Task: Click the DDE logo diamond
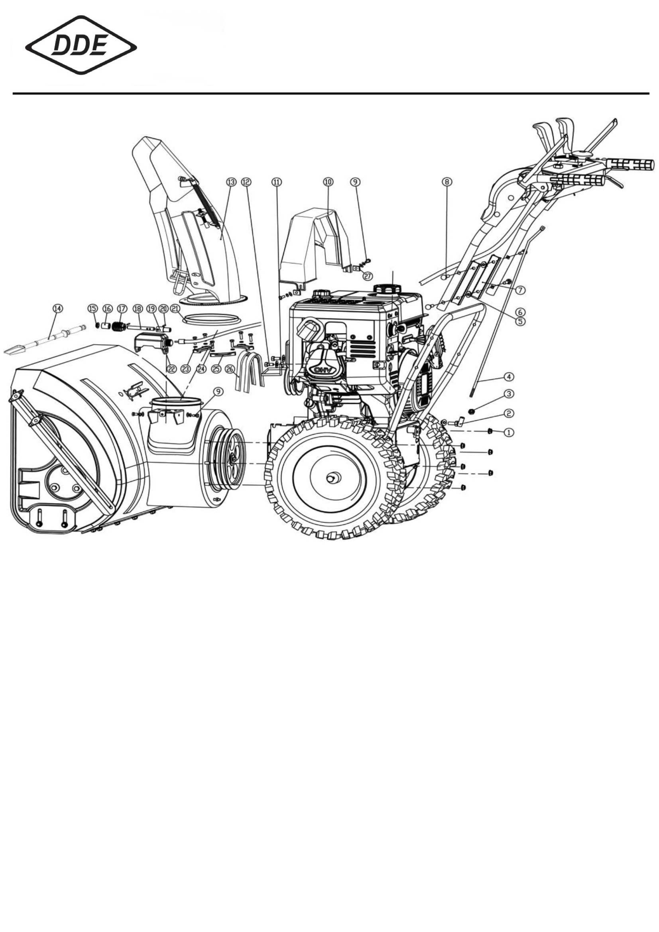[x=81, y=45]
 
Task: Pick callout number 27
[x=367, y=276]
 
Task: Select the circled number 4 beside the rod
[x=508, y=377]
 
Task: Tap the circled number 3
[x=508, y=394]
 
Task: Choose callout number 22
[x=172, y=369]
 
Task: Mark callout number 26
[x=230, y=369]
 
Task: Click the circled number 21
[x=175, y=309]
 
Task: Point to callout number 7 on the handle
[x=520, y=290]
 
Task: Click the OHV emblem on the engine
[x=321, y=370]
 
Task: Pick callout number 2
[x=508, y=413]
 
